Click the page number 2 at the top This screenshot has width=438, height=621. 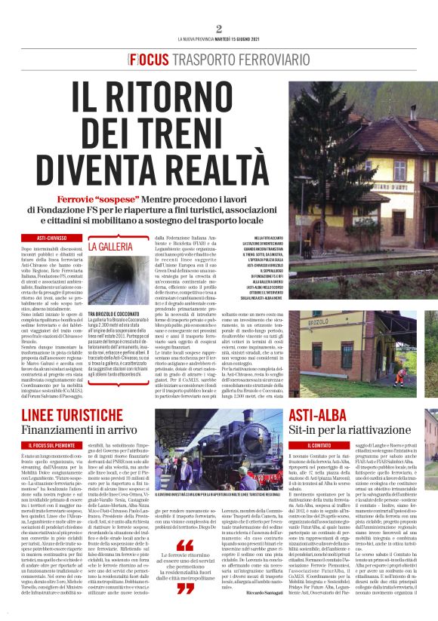tap(218, 29)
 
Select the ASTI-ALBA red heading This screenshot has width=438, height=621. tap(322, 417)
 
